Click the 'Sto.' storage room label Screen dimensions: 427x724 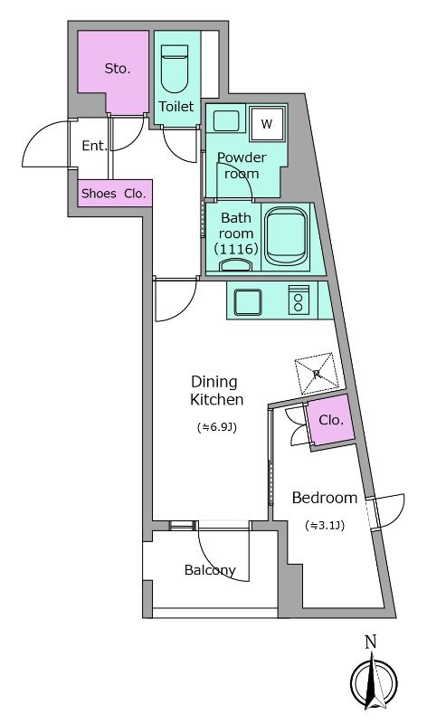click(x=118, y=69)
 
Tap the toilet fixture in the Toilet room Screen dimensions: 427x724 click(x=175, y=71)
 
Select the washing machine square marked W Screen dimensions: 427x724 click(x=267, y=124)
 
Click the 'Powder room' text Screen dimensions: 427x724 click(x=242, y=166)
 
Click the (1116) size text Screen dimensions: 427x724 click(x=236, y=250)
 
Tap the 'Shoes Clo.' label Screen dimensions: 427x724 click(x=114, y=194)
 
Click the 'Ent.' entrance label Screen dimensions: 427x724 click(x=95, y=146)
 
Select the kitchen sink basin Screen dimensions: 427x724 click(x=248, y=302)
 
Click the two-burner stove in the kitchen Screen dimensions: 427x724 click(x=299, y=300)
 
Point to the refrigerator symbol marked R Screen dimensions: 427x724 click(x=317, y=374)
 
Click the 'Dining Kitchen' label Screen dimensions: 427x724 click(x=216, y=390)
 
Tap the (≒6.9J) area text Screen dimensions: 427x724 click(x=216, y=427)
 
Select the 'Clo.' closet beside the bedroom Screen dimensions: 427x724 click(x=331, y=420)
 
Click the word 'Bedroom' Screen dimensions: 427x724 click(x=325, y=498)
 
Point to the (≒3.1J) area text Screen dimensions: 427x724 click(x=325, y=525)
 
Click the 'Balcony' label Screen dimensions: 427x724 click(x=210, y=570)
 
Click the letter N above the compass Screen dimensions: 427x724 click(x=371, y=642)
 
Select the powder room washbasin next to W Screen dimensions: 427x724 click(x=226, y=121)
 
